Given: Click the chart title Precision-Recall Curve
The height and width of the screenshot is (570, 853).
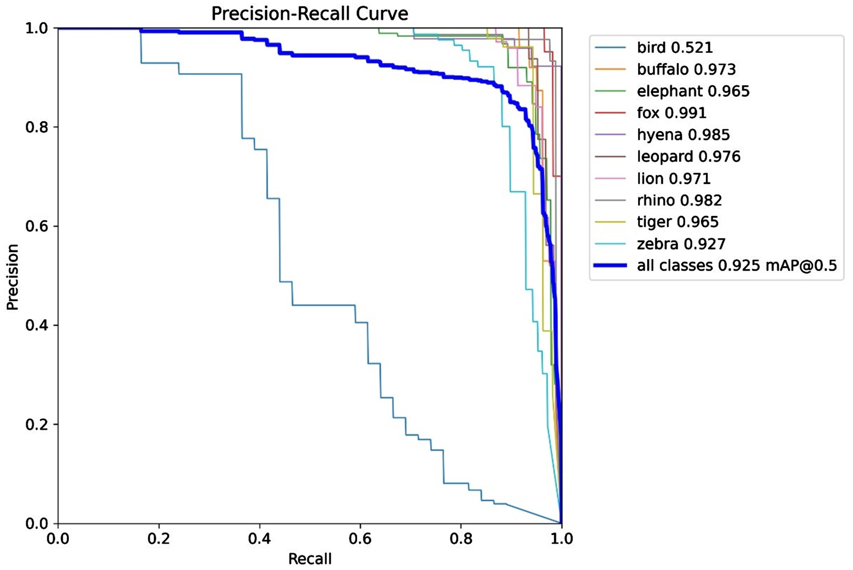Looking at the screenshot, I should (309, 13).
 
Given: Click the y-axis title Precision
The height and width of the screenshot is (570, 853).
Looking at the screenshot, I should (12, 276).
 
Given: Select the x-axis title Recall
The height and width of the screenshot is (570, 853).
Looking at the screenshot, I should (310, 559).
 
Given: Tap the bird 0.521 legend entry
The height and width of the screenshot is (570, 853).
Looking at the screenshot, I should (674, 47).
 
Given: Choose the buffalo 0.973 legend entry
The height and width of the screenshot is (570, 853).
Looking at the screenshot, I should (686, 69).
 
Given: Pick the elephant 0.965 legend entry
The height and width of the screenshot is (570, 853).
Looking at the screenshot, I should (693, 91).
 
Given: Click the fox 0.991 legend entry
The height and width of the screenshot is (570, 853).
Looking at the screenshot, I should (671, 113).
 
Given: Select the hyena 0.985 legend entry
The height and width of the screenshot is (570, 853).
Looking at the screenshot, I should (683, 135).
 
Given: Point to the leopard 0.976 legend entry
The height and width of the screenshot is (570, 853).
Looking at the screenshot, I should (688, 157).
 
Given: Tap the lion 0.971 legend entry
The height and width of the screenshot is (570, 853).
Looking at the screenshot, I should (673, 179).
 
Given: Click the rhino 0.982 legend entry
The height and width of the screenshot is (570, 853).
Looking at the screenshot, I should (679, 200).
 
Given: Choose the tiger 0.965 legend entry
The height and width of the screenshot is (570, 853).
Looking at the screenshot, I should (677, 222).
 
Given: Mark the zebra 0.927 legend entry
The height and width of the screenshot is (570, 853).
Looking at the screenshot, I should (681, 244).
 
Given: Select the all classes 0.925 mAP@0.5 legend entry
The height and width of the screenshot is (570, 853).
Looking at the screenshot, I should (736, 266).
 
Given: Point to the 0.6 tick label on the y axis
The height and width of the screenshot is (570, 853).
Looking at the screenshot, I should (36, 226).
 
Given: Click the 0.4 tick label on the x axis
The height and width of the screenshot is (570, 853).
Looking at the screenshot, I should (259, 539).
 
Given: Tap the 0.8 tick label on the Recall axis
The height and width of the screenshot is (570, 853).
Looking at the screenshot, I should (461, 539).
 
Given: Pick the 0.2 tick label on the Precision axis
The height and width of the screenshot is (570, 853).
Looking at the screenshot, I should (36, 424).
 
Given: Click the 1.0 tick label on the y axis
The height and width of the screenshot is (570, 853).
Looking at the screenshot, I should (36, 28).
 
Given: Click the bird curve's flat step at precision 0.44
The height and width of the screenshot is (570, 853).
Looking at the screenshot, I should (323, 305).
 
